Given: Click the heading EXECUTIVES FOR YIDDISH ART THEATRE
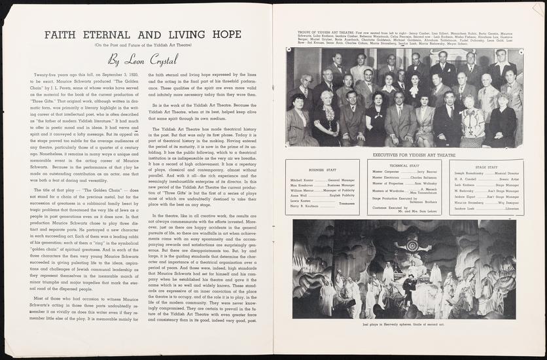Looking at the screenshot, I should [404, 155].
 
